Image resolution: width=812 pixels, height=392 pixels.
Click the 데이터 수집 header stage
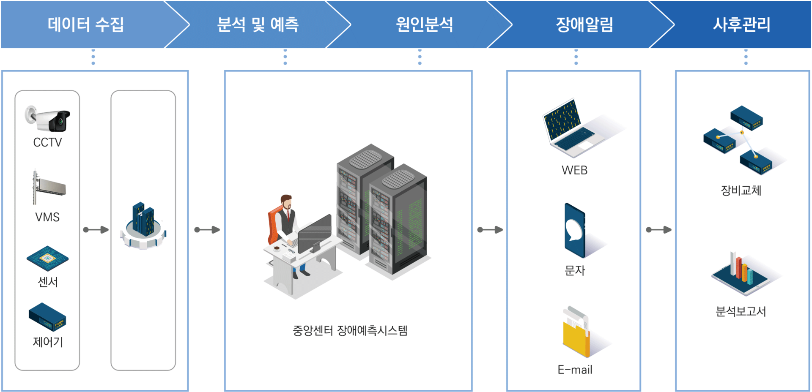pyautogui.click(x=86, y=24)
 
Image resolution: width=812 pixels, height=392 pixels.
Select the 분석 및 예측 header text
pyautogui.click(x=258, y=24)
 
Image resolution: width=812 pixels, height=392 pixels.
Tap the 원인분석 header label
pyautogui.click(x=424, y=24)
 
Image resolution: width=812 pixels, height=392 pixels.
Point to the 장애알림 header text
pyautogui.click(x=584, y=24)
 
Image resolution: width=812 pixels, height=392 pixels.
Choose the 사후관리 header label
pyautogui.click(x=742, y=24)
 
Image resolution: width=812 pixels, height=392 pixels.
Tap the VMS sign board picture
pyautogui.click(x=47, y=186)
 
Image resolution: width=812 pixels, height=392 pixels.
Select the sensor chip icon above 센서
pyautogui.click(x=47, y=258)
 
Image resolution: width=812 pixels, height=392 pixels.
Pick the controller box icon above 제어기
pyautogui.click(x=47, y=317)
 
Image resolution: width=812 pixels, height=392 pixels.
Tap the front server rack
pyautogui.click(x=398, y=220)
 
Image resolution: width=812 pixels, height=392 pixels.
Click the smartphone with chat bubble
pyautogui.click(x=575, y=230)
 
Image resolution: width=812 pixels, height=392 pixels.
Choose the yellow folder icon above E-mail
pyautogui.click(x=576, y=334)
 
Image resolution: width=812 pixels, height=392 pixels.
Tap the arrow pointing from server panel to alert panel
pyautogui.click(x=490, y=230)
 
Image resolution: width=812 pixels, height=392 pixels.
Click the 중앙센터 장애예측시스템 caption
pyautogui.click(x=349, y=330)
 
